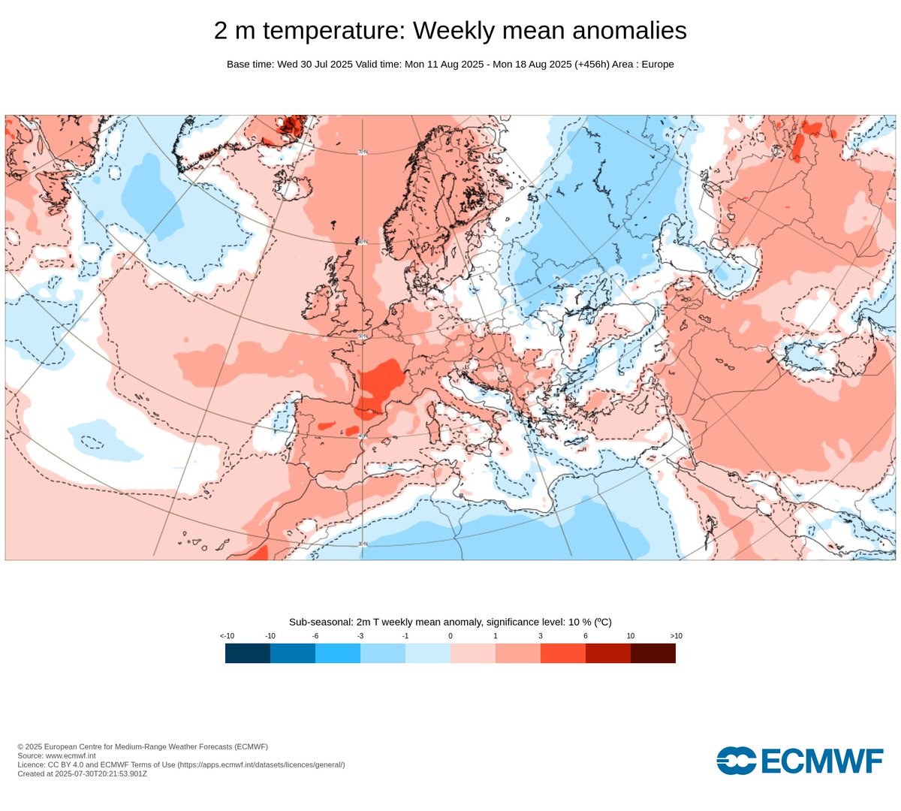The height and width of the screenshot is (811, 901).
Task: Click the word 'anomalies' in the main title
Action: click(x=627, y=31)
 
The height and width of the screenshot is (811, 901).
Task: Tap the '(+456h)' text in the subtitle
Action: click(x=592, y=65)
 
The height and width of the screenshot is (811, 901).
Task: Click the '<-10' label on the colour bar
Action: click(x=227, y=636)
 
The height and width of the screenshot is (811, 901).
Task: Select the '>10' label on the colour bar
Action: click(x=676, y=636)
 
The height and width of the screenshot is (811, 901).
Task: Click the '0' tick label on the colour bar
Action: click(x=450, y=636)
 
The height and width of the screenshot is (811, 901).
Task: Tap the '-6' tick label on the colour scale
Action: click(x=315, y=636)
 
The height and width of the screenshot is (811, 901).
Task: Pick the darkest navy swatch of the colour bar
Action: click(x=248, y=653)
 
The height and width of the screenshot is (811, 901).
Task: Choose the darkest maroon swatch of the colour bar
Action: click(x=653, y=653)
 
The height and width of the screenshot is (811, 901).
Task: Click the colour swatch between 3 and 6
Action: click(x=563, y=653)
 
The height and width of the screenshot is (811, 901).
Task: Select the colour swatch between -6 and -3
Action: click(x=338, y=653)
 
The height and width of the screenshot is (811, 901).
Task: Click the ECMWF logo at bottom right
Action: click(x=800, y=761)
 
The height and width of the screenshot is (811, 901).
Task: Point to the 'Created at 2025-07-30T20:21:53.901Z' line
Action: click(x=82, y=773)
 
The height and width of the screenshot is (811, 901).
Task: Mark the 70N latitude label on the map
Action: click(x=363, y=152)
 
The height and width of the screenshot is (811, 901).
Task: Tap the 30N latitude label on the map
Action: click(x=363, y=544)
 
